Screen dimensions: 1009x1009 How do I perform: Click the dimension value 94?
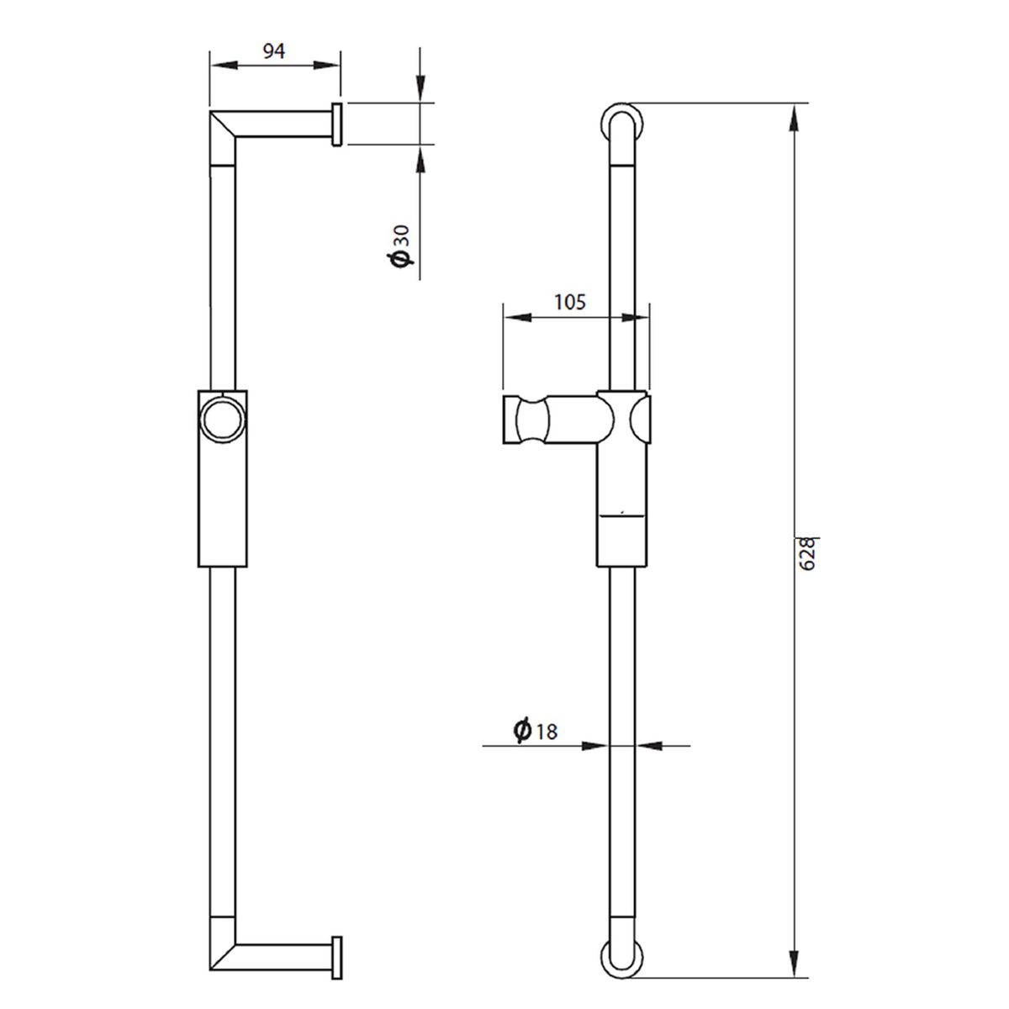pyautogui.click(x=274, y=50)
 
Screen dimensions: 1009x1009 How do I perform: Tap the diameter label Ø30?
pyautogui.click(x=400, y=246)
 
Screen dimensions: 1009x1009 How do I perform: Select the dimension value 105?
pyautogui.click(x=570, y=302)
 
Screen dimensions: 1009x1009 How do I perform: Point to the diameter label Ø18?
pyautogui.click(x=535, y=730)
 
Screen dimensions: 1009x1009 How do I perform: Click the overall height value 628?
pyautogui.click(x=808, y=554)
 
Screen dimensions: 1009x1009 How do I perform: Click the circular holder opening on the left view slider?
pyautogui.click(x=224, y=420)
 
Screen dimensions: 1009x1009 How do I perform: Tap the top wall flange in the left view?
pyautogui.click(x=336, y=124)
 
